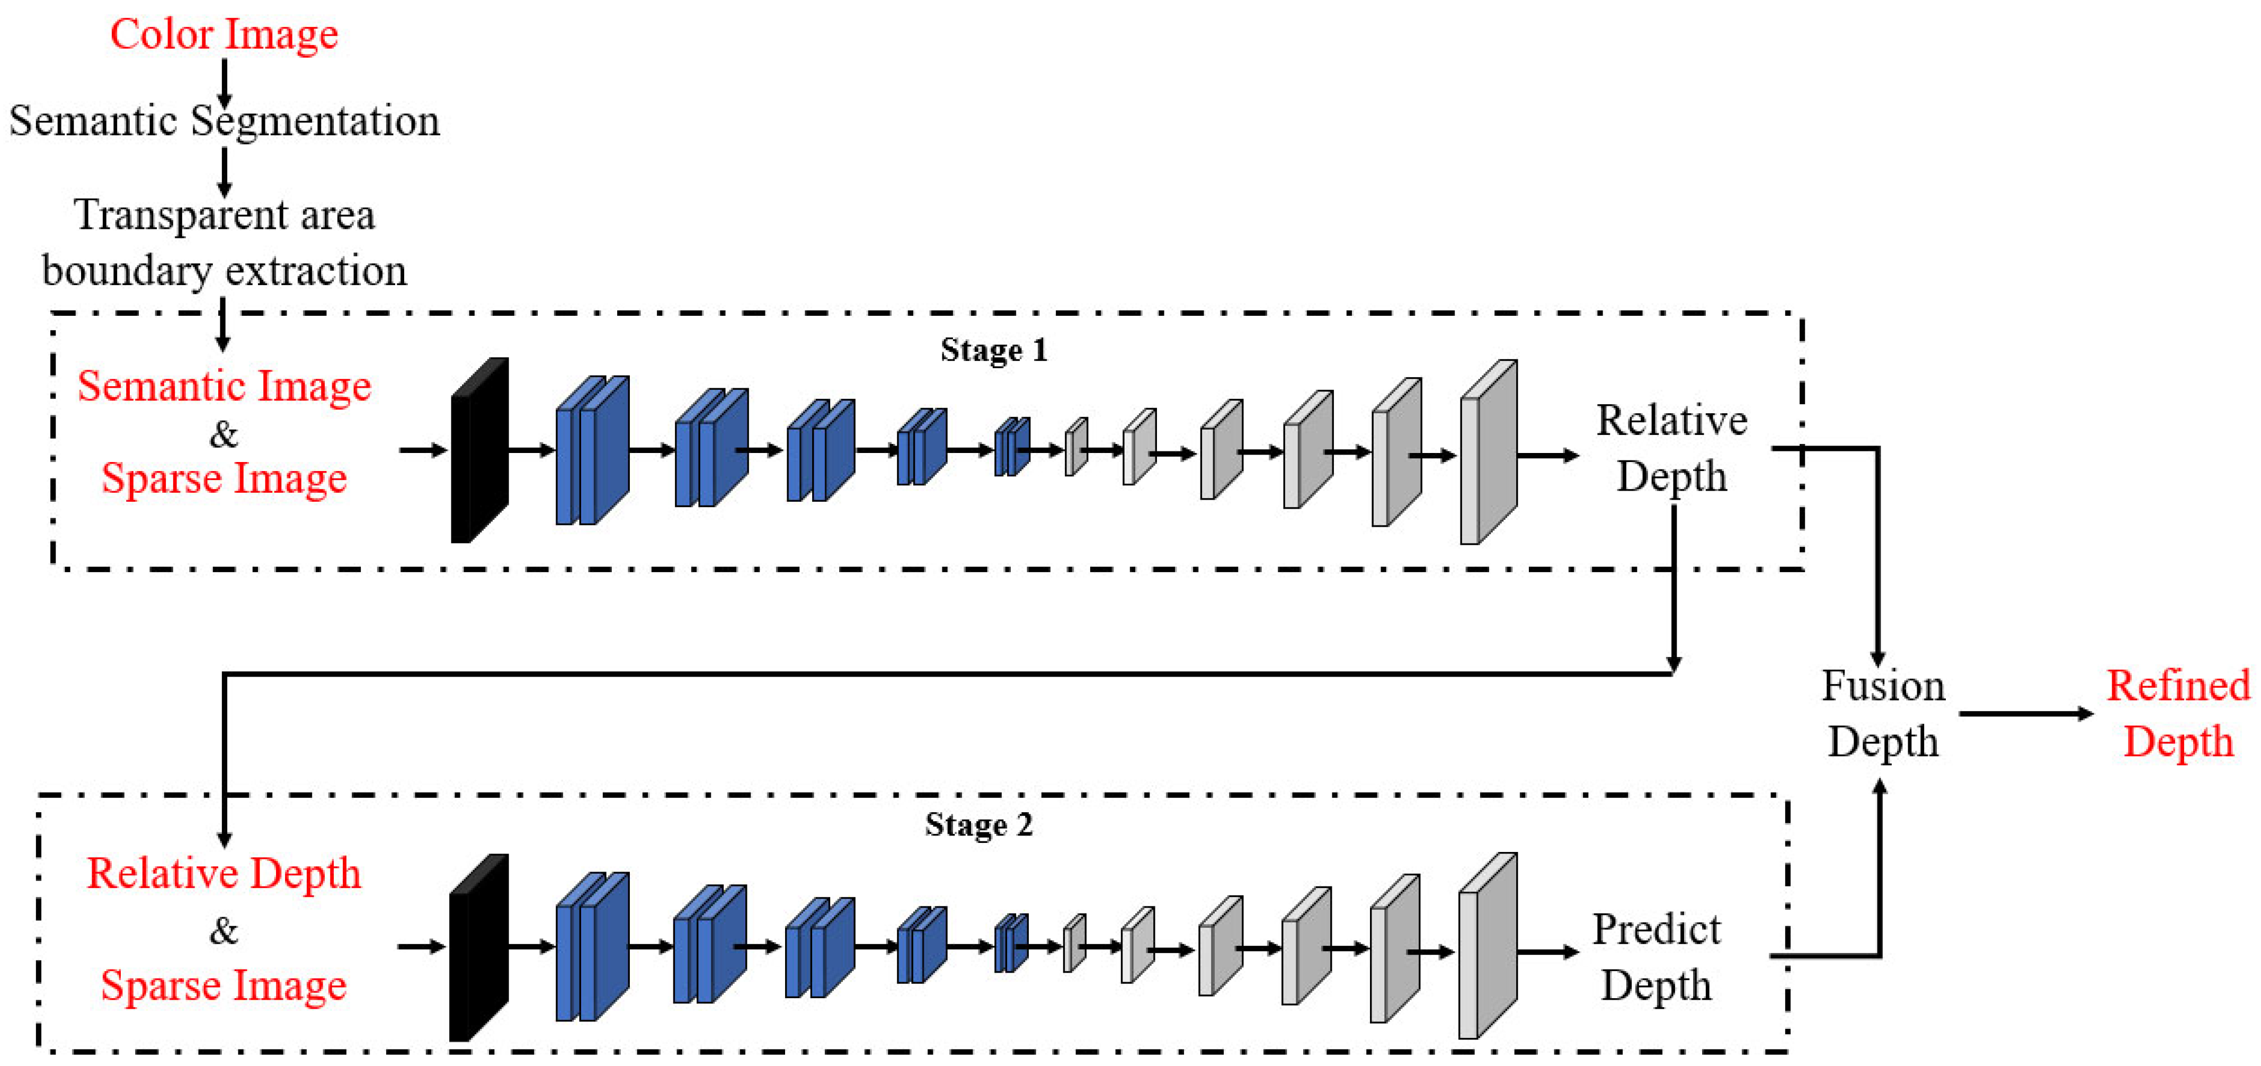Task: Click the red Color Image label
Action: coord(224,35)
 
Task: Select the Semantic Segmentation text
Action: coord(224,121)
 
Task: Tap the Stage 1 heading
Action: coord(994,350)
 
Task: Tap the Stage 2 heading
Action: coord(978,824)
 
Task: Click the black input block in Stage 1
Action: coord(478,450)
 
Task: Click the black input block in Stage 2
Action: coord(477,947)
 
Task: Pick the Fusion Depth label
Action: coord(1883,713)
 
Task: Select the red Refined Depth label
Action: coord(2178,713)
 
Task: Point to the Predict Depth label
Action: coord(1656,956)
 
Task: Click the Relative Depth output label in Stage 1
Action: coord(1672,448)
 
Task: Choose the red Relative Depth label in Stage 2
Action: coord(224,874)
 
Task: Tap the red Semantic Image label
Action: coord(224,386)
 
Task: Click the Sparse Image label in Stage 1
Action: coord(224,478)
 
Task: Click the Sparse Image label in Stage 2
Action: coord(224,985)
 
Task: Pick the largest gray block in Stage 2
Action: coord(1487,947)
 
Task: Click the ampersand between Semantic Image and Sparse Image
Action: coord(224,434)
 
